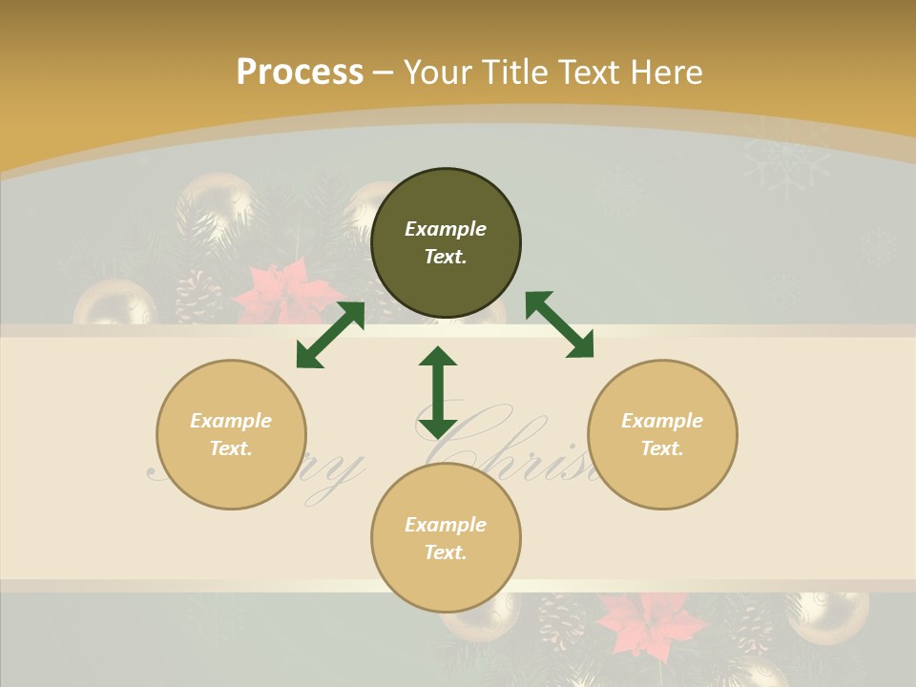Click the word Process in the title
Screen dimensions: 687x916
pos(300,72)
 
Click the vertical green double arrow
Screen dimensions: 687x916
pos(438,392)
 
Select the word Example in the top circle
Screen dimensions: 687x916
pos(446,229)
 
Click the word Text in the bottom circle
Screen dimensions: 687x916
pos(446,552)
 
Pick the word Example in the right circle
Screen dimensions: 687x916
pos(662,421)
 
